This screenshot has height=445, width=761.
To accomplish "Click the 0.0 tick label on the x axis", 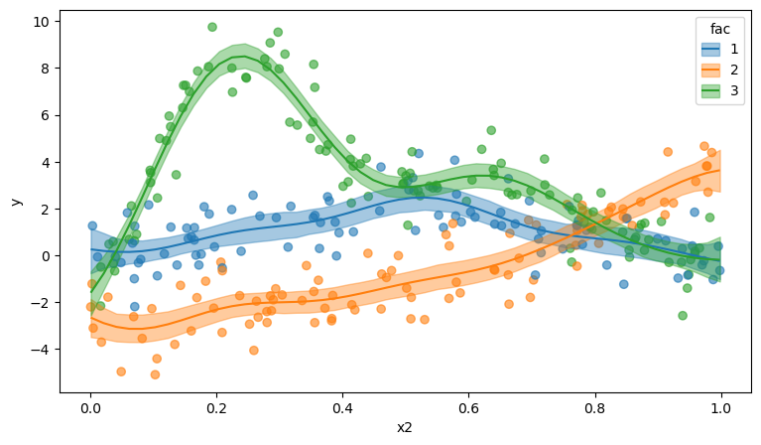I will pos(90,406).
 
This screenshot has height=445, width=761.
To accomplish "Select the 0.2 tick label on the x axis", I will pos(216,406).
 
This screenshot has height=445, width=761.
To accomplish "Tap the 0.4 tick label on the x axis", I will pos(342,406).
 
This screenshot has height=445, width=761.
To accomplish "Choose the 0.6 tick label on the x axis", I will pos(468,406).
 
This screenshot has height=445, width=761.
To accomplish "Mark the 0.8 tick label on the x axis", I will pos(594,406).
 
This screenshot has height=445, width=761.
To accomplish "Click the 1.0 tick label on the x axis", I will pos(720,406).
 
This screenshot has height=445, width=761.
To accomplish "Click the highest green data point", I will pos(212,27).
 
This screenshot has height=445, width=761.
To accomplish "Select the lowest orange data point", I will pos(155,374).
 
